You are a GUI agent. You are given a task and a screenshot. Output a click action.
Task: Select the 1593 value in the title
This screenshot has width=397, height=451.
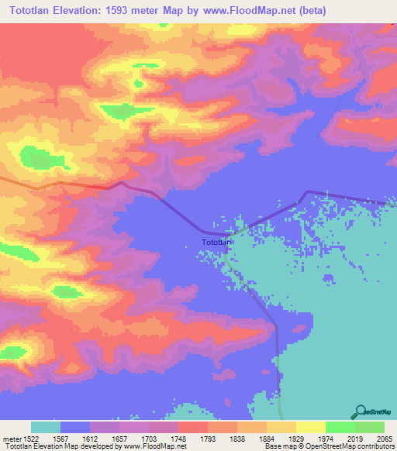pyautogui.click(x=136, y=10)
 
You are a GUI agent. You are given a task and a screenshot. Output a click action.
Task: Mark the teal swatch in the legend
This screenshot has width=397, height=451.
pyautogui.click(x=45, y=427)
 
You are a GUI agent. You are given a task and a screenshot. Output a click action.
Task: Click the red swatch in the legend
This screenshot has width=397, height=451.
pyautogui.click(x=192, y=427)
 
